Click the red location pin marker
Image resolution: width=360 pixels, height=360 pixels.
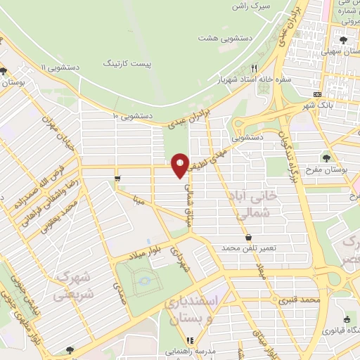click(x=180, y=165)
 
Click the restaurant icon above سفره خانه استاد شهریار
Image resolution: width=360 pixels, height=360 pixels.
click(x=254, y=68)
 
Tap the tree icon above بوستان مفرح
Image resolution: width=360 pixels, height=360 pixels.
click(x=328, y=156)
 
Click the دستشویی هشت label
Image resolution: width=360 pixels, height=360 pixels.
click(x=220, y=38)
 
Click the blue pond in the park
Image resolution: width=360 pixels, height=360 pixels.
click(x=144, y=281)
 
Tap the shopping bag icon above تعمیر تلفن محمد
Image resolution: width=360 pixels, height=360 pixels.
click(x=249, y=238)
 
